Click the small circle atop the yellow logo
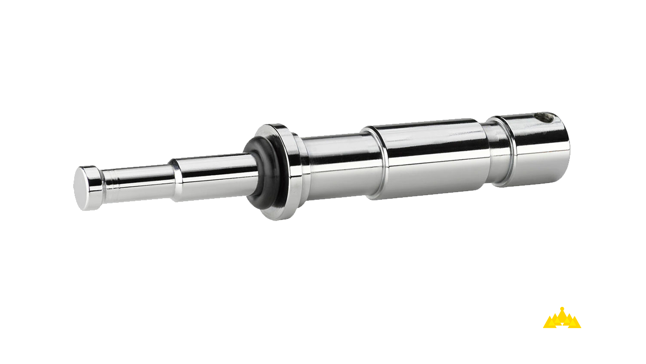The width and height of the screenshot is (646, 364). tap(562, 309)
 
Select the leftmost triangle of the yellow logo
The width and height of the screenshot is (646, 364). tap(550, 323)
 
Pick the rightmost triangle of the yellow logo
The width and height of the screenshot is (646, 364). tap(574, 323)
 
